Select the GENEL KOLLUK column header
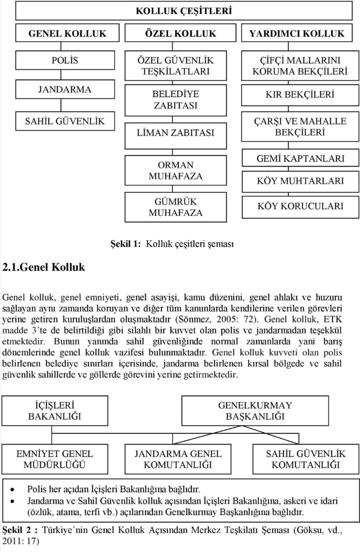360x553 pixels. click(67, 33)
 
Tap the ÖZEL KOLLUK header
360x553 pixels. click(181, 33)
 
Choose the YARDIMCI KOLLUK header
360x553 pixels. click(297, 33)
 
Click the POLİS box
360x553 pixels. click(65, 60)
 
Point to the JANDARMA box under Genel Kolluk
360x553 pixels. click(65, 89)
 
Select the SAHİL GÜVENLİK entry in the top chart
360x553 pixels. click(65, 120)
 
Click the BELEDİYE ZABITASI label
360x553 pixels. click(175, 100)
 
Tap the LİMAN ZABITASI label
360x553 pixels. click(175, 132)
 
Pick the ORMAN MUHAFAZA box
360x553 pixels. click(175, 170)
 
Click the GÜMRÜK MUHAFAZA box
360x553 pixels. click(175, 207)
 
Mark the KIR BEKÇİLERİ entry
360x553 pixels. click(300, 94)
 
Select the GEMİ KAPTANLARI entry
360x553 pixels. click(300, 159)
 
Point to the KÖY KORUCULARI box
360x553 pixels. click(300, 206)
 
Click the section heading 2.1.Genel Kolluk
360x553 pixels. click(44, 267)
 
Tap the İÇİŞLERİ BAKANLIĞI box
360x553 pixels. click(54, 410)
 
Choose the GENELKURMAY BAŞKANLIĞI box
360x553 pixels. click(255, 410)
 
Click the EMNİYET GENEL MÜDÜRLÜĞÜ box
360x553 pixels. click(54, 459)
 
